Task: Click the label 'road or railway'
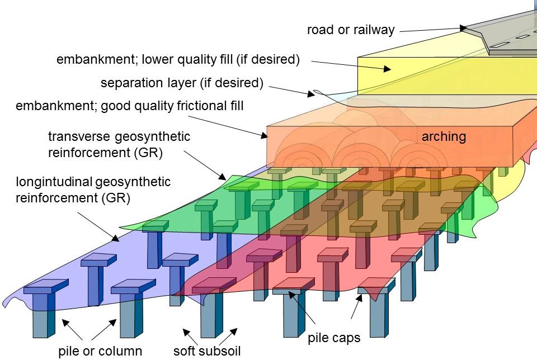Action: tap(351, 30)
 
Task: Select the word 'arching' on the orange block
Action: tap(444, 136)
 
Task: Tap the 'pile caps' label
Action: tap(334, 338)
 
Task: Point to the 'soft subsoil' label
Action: tap(208, 352)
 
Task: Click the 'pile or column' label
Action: tap(100, 352)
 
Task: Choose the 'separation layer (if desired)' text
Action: tap(182, 83)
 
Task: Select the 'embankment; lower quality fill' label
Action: tap(178, 59)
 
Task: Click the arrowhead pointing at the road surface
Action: tap(463, 27)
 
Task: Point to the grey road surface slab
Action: tap(503, 34)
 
